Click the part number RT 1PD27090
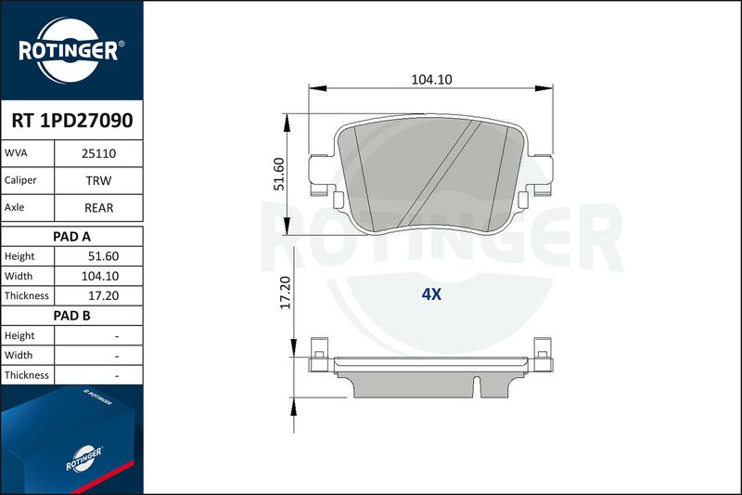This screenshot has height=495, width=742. (x=72, y=121)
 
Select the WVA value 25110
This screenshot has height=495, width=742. (x=98, y=153)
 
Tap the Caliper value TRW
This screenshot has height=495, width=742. (x=98, y=180)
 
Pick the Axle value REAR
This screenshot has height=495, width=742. (x=98, y=208)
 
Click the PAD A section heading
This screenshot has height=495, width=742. (x=71, y=237)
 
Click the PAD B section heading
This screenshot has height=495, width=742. (x=71, y=316)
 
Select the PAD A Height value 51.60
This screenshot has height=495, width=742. (x=103, y=256)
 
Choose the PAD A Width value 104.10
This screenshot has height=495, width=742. (x=100, y=276)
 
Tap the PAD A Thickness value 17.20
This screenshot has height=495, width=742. (x=103, y=295)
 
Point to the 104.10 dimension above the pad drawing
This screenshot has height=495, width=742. (x=431, y=80)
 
